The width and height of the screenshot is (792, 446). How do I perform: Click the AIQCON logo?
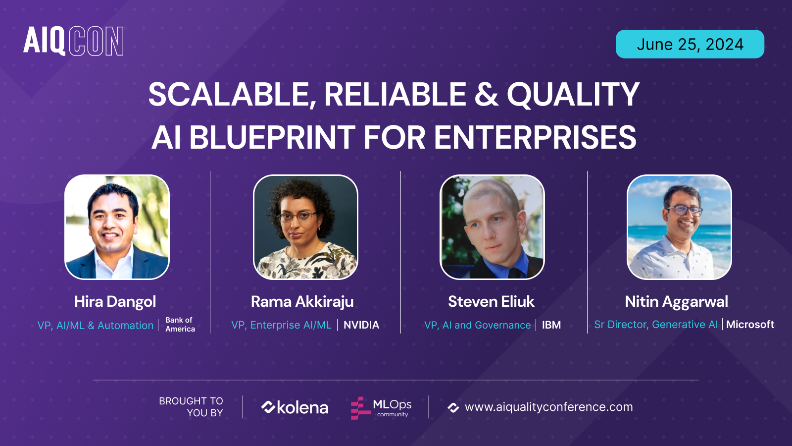point(73,41)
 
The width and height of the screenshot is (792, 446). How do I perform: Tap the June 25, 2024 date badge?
point(690,44)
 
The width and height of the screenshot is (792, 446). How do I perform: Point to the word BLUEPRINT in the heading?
point(272,137)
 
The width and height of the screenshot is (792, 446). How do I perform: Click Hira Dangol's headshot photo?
point(117,227)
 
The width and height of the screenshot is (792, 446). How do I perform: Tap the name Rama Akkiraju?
point(302,301)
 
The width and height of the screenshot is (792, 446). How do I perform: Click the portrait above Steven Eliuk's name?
point(492,227)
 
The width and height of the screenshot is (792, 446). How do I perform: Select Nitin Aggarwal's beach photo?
point(679,227)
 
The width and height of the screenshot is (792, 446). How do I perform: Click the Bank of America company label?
point(180,325)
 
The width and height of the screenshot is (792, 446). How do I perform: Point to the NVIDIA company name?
point(361,325)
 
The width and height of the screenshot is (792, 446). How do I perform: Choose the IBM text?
point(551,325)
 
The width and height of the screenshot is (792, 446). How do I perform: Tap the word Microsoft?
point(750,325)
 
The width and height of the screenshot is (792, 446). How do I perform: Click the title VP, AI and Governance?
point(477,325)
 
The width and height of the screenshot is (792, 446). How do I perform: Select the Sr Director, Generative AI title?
point(655,325)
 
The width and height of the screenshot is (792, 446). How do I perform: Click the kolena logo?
point(295,407)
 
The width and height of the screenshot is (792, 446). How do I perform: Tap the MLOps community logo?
point(381,408)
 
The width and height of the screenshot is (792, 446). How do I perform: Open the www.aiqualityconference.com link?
point(548,407)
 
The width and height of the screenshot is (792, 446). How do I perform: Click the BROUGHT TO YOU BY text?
point(191,407)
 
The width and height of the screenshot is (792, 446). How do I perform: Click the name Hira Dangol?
point(115,301)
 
